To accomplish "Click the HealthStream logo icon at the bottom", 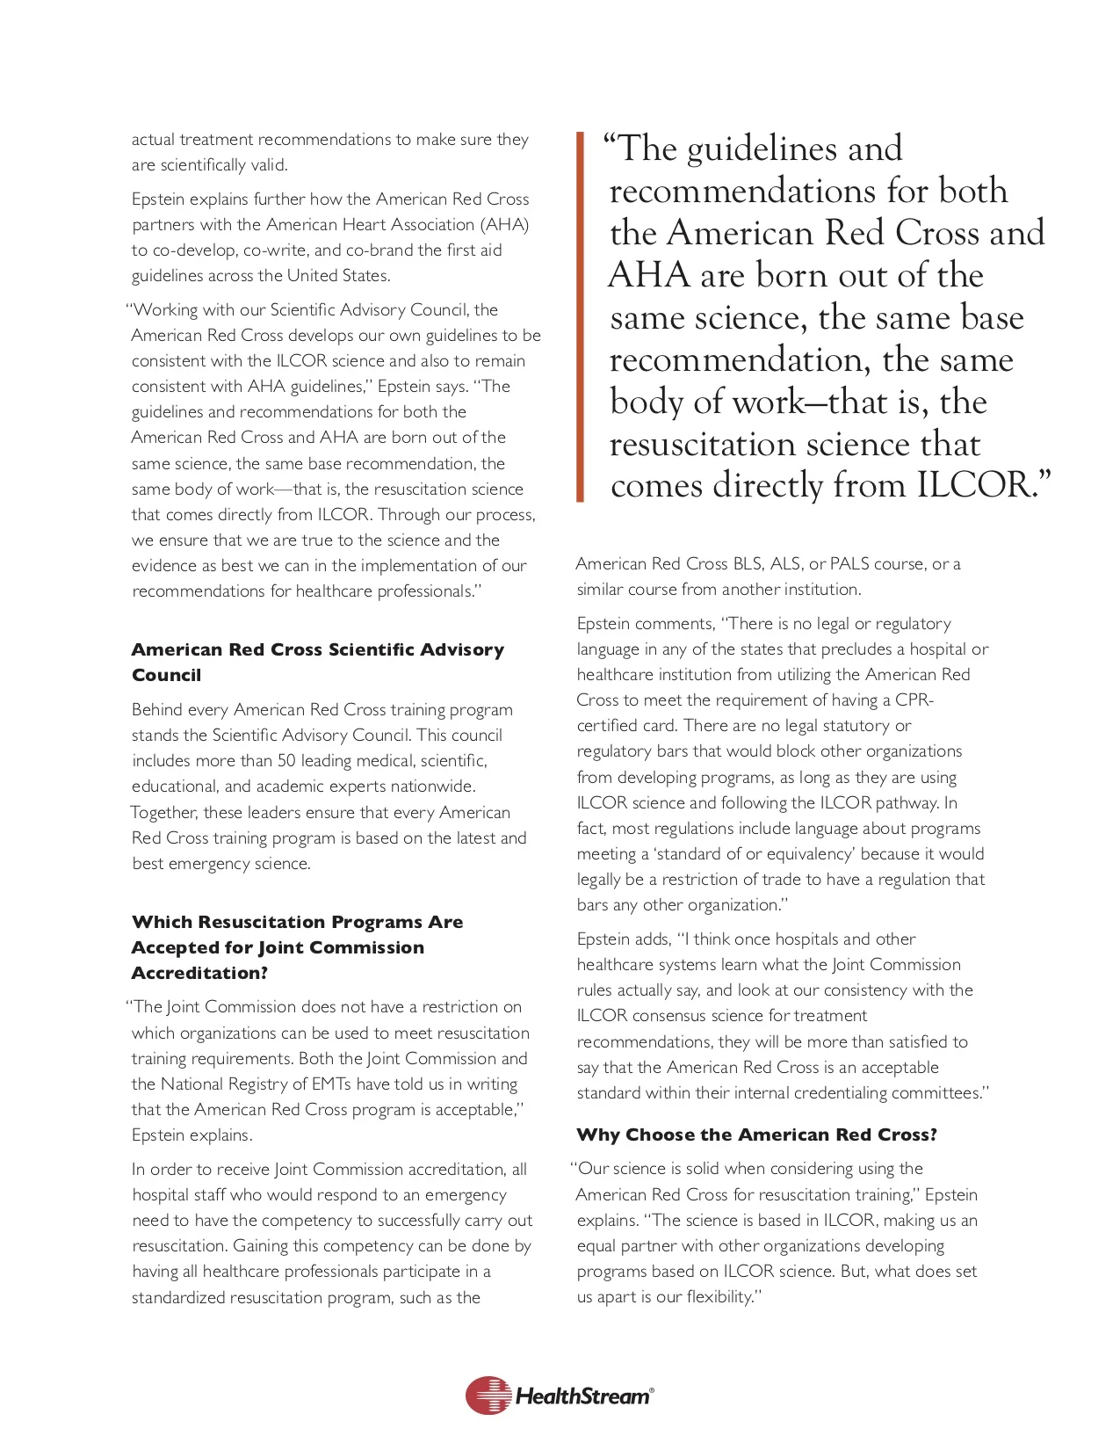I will coord(488,1396).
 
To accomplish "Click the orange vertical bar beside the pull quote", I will coord(580,316).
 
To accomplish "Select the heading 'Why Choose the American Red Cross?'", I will coord(756,1135).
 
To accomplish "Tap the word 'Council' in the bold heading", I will coord(166,675).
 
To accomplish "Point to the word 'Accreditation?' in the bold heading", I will coord(199,973).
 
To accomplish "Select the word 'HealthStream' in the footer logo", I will coord(583,1396).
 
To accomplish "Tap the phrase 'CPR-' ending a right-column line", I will coord(914,700).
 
